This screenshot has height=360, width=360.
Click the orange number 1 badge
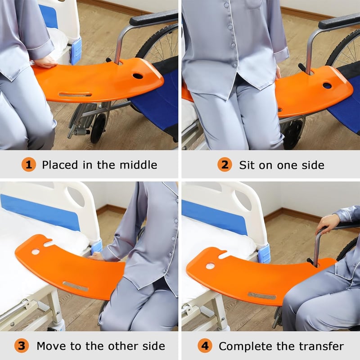pos(29,165)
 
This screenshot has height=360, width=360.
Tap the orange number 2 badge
pos(225,165)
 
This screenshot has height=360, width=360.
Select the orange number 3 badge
pos(22,346)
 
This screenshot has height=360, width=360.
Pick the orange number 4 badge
pos(205,346)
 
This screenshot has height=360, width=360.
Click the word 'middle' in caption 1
pos(139,165)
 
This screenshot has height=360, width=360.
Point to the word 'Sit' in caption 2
pos(247,165)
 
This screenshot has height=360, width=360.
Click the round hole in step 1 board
pos(138,76)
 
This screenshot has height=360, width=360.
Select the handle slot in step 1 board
pos(75,94)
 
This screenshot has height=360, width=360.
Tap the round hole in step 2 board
pos(327,86)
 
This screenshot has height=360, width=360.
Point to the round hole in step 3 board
pos(36,252)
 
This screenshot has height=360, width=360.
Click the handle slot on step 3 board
pos(76,286)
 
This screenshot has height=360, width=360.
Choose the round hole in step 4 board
pos(210,266)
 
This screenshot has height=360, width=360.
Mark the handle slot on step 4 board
pos(262,296)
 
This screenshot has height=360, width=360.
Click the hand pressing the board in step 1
pos(45,62)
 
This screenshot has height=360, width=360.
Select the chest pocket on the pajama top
pos(254,4)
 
